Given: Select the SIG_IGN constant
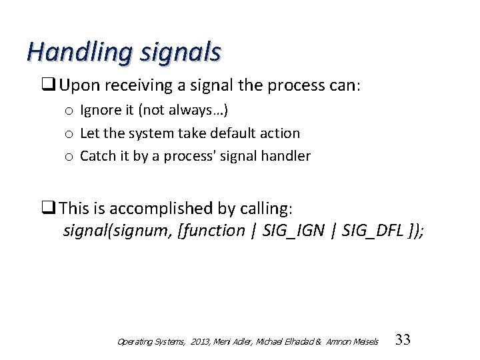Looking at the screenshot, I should coord(294,231).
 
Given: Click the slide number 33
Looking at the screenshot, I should coord(403,340).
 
